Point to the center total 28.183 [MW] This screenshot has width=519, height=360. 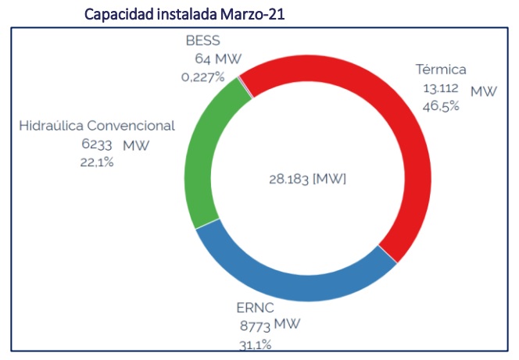[306, 179]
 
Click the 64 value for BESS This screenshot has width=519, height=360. [202, 59]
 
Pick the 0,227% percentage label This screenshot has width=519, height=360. [202, 77]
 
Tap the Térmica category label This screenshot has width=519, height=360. [440, 70]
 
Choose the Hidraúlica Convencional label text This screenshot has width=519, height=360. [97, 126]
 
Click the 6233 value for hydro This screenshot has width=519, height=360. [97, 144]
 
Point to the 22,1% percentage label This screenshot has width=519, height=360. [97, 162]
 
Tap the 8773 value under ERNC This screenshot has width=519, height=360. [256, 326]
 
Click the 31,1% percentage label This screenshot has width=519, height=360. [256, 344]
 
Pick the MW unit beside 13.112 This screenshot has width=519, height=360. [483, 91]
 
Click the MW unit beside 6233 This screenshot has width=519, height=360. [136, 145]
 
